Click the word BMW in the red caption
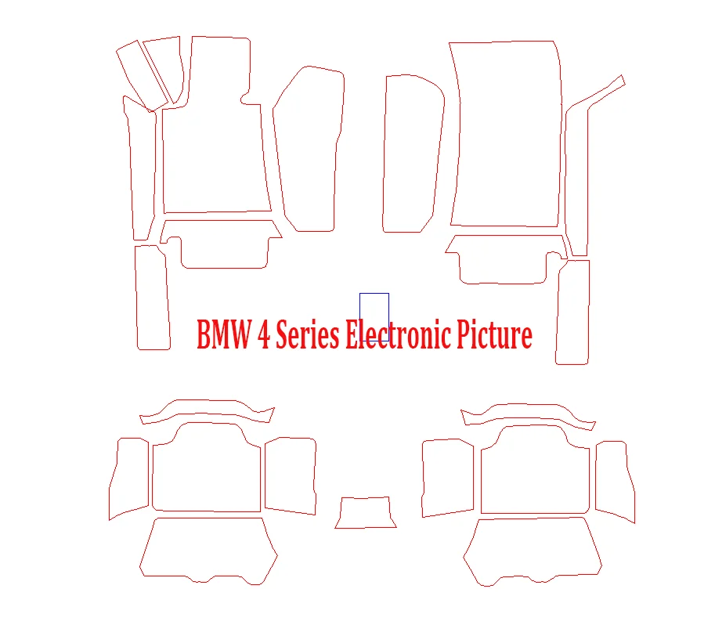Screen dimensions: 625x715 coord(222,335)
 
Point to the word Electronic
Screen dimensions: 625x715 coord(397,335)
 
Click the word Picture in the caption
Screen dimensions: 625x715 coord(496,335)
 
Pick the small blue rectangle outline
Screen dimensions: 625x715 coord(374,307)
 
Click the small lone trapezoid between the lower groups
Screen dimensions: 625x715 coord(366,513)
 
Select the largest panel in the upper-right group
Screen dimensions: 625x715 coord(507,133)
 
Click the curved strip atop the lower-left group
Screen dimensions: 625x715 coord(208,410)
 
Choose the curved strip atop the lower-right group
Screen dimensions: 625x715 coord(529,413)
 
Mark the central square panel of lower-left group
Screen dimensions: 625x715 coord(206,470)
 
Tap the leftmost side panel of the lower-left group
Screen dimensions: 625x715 coord(128,478)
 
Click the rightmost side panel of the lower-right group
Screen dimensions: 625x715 coord(614,480)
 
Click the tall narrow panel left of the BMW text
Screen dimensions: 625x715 coord(153,298)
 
